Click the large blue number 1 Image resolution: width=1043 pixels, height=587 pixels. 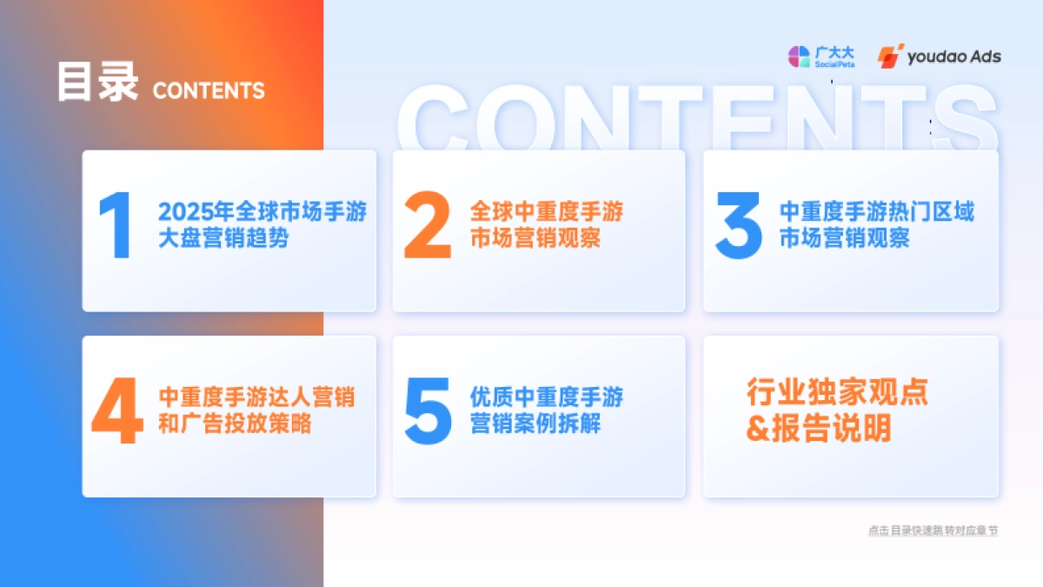pos(116,226)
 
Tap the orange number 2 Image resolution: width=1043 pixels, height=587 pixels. pos(428,226)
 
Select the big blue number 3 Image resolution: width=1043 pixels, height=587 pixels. pos(738,226)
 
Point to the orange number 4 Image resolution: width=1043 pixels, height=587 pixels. pos(117,412)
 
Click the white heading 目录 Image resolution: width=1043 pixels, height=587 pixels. pos(97,83)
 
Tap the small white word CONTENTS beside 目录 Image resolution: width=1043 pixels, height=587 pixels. pos(209,90)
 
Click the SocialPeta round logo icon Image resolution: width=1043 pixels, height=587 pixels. pos(799,57)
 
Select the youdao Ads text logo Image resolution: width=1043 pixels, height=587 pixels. pos(953,57)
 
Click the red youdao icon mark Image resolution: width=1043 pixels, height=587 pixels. pos(890,57)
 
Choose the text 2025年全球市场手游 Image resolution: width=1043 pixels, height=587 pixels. pos(262,212)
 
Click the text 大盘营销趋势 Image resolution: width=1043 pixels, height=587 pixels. pos(223,238)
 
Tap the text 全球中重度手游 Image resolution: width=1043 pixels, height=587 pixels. pos(547,212)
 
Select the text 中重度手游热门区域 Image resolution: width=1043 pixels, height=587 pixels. pos(876,212)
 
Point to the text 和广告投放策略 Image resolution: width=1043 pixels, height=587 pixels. pos(235,425)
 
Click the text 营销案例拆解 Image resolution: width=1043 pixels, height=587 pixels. pos(535,425)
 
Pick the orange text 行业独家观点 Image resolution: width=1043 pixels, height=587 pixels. pos(837,392)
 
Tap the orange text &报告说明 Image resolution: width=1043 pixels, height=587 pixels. pos(819,429)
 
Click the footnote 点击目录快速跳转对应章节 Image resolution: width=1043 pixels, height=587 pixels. pos(933,530)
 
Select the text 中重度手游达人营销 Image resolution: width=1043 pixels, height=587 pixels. pos(256,398)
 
